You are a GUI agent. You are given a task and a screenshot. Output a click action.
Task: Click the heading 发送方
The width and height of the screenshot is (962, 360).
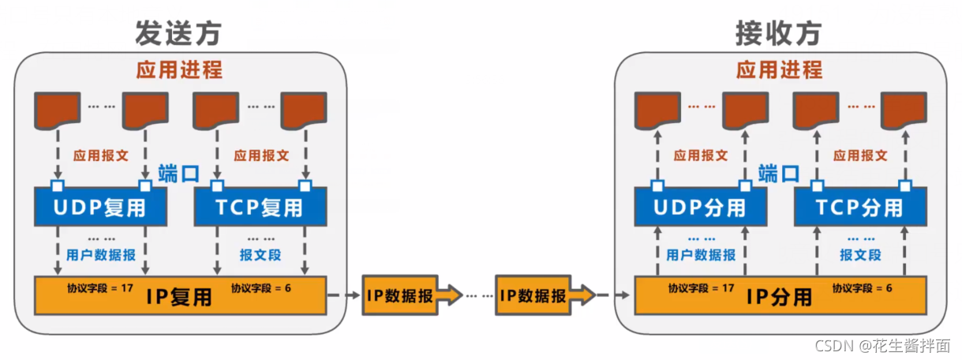(x=178, y=32)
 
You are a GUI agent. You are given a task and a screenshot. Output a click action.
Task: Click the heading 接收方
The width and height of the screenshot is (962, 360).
(x=778, y=32)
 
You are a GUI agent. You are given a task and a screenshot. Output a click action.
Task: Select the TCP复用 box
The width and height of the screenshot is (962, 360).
(x=260, y=208)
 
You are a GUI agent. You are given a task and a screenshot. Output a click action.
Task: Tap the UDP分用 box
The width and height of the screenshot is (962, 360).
(x=700, y=208)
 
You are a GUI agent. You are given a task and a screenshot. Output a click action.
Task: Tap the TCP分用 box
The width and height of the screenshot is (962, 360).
(x=859, y=208)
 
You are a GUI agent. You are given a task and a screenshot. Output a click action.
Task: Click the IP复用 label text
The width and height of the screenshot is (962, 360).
(x=179, y=298)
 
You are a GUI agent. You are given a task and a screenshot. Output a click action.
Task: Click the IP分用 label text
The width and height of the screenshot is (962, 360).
(x=780, y=298)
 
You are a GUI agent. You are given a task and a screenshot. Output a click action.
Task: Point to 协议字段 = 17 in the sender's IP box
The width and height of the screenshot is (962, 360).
(x=100, y=287)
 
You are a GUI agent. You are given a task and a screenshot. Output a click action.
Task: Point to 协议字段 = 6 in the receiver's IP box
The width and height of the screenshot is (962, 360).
(x=862, y=287)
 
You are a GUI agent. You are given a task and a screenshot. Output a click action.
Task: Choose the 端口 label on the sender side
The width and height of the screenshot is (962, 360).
(x=179, y=174)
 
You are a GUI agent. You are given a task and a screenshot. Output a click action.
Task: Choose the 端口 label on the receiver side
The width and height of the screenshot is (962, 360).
(x=779, y=174)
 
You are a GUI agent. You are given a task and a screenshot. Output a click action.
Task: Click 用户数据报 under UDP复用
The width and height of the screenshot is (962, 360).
(x=100, y=255)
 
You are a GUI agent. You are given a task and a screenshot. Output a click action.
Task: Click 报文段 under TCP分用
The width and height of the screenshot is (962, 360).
(x=860, y=255)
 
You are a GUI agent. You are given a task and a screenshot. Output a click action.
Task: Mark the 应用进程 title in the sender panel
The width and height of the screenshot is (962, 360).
(x=179, y=69)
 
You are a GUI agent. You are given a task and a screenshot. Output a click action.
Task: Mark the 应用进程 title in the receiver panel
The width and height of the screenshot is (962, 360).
(x=779, y=69)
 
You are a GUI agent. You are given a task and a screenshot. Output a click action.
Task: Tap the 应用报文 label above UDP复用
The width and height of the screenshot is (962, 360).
(x=100, y=156)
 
